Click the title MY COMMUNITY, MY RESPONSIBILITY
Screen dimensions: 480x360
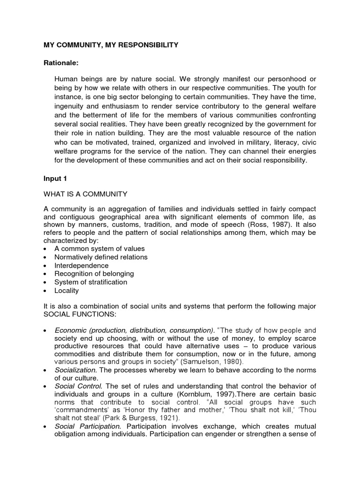[111, 45]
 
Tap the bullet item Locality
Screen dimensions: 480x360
[67, 291]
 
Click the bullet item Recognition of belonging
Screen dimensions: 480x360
[94, 274]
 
